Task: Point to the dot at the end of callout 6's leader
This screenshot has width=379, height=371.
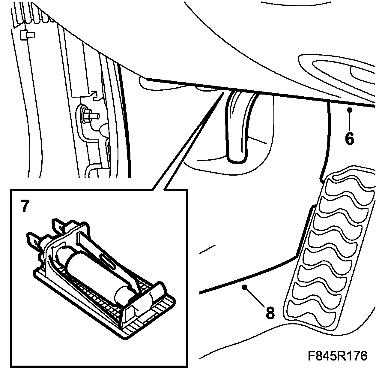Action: click(350, 110)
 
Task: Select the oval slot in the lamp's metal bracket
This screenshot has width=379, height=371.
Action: click(108, 262)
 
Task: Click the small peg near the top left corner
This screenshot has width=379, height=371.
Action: click(27, 35)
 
